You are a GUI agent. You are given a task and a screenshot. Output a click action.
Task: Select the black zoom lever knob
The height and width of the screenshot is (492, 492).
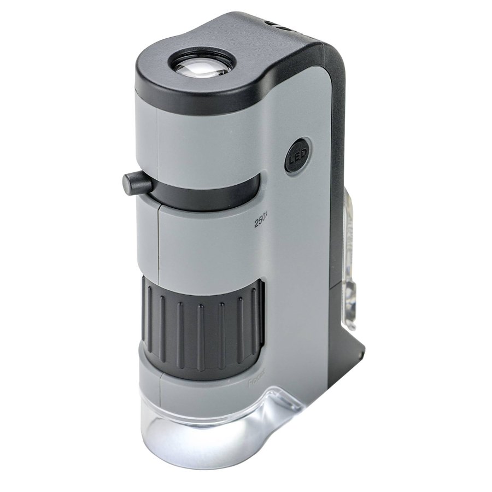tap(137, 183)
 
